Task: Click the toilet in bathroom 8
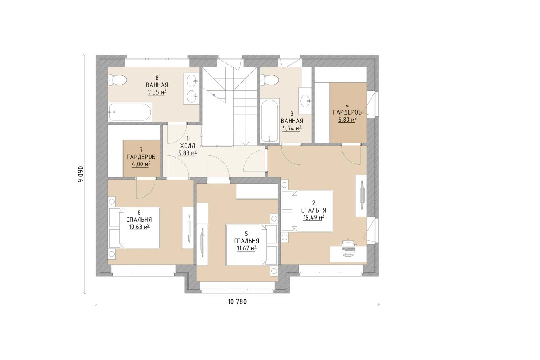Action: click(x=117, y=80)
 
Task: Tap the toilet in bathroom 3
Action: click(x=270, y=80)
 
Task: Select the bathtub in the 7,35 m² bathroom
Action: click(x=130, y=112)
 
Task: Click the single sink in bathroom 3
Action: click(x=305, y=101)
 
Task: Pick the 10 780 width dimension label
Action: click(x=237, y=302)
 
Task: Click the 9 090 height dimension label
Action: click(x=80, y=174)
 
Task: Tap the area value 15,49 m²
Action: click(x=313, y=217)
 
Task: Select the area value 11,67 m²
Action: click(x=246, y=248)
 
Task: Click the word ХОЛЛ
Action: click(x=187, y=146)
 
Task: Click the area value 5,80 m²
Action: click(x=347, y=120)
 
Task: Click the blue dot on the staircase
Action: click(x=214, y=95)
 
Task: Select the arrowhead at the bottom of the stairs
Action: click(x=245, y=143)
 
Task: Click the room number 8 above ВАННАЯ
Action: click(x=157, y=78)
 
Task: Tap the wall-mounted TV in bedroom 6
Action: click(x=189, y=228)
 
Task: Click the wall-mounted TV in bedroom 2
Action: click(x=362, y=195)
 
